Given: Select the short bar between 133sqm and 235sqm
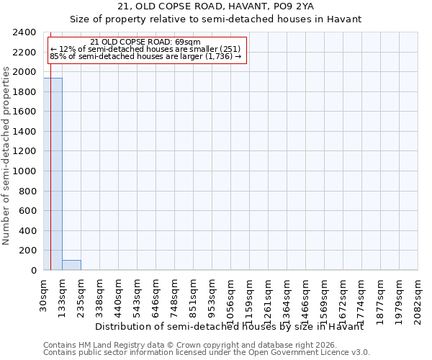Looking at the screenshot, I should pos(71,265).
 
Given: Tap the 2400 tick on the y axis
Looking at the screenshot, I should pos(25,32).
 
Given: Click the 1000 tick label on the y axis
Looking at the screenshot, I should pos(25,171).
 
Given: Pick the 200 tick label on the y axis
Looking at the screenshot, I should pos(28,251).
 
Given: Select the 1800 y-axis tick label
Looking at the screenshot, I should pos(25,92).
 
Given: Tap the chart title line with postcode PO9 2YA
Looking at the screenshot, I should pos(215,6).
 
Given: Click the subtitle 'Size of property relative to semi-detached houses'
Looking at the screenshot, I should pos(215,19).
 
